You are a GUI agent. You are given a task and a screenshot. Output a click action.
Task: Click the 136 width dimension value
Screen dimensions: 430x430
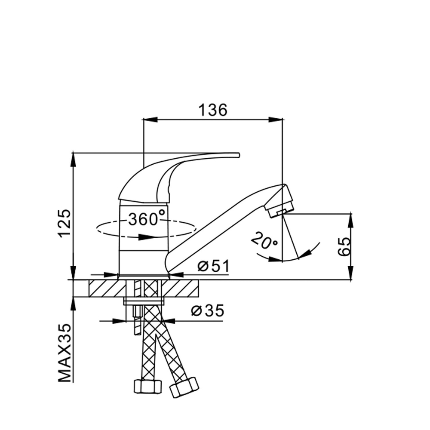pyautogui.click(x=212, y=110)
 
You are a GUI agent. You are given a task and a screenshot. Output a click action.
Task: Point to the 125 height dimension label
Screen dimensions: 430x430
pyautogui.click(x=64, y=223)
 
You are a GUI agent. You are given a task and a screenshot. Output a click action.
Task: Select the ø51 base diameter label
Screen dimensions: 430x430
pyautogui.click(x=214, y=267)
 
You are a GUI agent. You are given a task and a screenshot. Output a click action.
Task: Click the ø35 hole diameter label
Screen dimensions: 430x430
pyautogui.click(x=208, y=311)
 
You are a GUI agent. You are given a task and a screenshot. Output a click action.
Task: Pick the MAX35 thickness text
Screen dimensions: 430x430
pyautogui.click(x=64, y=353)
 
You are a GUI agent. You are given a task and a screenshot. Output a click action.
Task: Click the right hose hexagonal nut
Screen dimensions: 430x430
pyautogui.click(x=184, y=387)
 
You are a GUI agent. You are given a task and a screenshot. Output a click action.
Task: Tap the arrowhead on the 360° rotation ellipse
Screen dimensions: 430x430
pyautogui.click(x=146, y=237)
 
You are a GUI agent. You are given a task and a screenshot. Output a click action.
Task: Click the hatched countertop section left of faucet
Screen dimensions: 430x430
pyautogui.click(x=103, y=288)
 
